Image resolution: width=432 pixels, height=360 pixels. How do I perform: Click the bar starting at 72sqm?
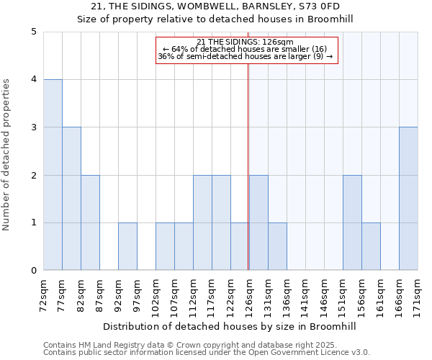tap(53, 175)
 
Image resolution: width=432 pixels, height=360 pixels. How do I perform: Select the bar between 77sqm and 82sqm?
tap(71, 199)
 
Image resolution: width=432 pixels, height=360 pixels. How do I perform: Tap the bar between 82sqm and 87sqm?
tap(90, 222)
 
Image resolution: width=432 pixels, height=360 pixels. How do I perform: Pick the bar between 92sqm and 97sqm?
tap(127, 246)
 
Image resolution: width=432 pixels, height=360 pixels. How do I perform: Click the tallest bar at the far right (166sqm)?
tap(408, 199)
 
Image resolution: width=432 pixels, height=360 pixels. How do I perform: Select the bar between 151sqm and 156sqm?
tap(352, 222)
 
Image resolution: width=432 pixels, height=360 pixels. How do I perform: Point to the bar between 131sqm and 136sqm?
tap(277, 246)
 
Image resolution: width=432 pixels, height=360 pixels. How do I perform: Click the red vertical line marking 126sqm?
tap(248, 180)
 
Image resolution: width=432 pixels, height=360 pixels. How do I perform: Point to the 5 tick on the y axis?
tap(33, 32)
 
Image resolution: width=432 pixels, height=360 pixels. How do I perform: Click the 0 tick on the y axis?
tap(33, 271)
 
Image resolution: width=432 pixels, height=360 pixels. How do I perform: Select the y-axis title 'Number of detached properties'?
tap(7, 151)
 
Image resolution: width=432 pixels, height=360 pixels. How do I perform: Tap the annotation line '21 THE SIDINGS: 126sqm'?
tap(246, 42)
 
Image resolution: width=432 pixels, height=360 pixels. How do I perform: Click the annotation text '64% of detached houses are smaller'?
tap(246, 49)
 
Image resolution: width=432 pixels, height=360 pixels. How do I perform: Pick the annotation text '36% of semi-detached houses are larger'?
tap(246, 56)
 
